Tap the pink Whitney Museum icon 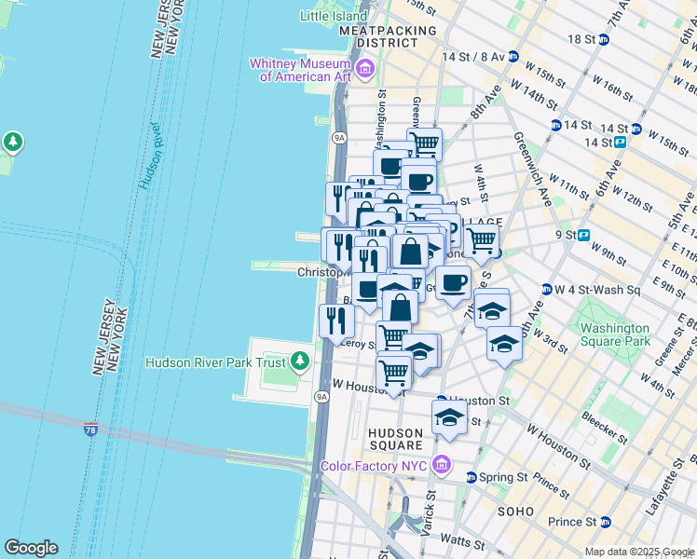tap(364, 69)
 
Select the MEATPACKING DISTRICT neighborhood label tap(388, 36)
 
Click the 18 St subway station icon tap(603, 39)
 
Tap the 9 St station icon tap(584, 235)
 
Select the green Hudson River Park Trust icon tap(299, 361)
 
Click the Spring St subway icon tap(471, 477)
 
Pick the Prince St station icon tap(604, 522)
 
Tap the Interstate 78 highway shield tap(90, 429)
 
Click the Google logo tap(31, 548)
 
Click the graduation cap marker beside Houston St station tap(449, 417)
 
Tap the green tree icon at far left tap(13, 142)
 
